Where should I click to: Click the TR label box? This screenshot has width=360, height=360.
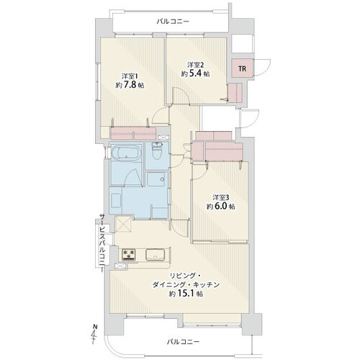[x=243, y=68]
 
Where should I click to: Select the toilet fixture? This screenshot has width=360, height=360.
[x=157, y=151]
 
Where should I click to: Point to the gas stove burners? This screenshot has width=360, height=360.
[x=129, y=254]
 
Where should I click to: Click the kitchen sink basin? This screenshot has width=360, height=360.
[x=156, y=254]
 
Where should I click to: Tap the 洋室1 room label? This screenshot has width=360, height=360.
[x=130, y=77]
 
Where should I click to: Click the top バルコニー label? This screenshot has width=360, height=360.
[x=173, y=22]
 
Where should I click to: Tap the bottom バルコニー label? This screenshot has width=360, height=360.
[x=183, y=341]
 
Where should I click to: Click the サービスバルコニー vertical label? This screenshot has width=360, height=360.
[x=102, y=243]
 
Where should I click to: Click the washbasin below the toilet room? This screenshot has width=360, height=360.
[x=157, y=179]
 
